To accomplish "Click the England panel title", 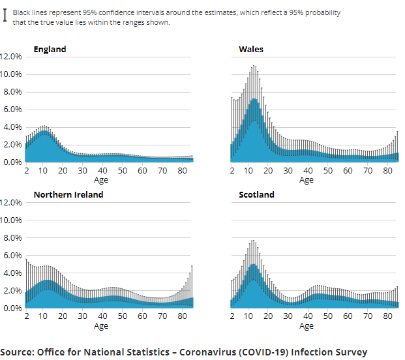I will [x=50, y=49].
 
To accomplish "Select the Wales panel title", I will [x=251, y=49].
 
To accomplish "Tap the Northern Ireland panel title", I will [x=68, y=194].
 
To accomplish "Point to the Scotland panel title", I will [x=256, y=194].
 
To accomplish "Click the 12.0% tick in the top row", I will [x=11, y=57].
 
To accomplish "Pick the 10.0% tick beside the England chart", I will [x=11, y=74].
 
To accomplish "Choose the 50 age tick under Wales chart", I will [x=327, y=171].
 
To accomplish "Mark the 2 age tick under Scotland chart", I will [x=232, y=316].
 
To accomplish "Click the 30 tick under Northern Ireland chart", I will [x=82, y=316].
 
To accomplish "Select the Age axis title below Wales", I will [x=306, y=180].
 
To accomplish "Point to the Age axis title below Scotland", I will [x=306, y=325].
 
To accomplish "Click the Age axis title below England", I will [x=100, y=180].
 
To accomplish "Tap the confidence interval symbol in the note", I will [x=6, y=17].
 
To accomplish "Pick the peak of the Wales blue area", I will [x=254, y=98].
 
